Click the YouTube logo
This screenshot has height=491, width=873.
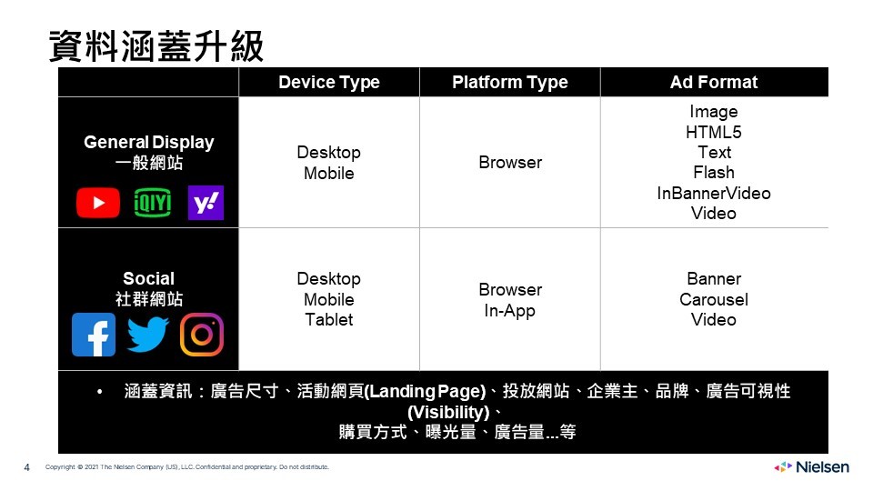pyautogui.click(x=98, y=203)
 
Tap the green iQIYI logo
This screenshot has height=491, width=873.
pyautogui.click(x=153, y=203)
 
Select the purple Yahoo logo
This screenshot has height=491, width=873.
pyautogui.click(x=206, y=203)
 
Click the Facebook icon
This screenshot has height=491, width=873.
pyautogui.click(x=94, y=335)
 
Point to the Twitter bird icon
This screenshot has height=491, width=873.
pyautogui.click(x=147, y=335)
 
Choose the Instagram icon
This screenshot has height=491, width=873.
pyautogui.click(x=202, y=335)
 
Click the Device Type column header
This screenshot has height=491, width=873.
pyautogui.click(x=329, y=83)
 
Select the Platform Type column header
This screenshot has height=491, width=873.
pyautogui.click(x=510, y=83)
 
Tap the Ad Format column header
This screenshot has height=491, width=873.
pyautogui.click(x=714, y=83)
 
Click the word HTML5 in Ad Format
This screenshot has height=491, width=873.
pyautogui.click(x=714, y=133)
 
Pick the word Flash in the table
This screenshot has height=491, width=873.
pyautogui.click(x=714, y=173)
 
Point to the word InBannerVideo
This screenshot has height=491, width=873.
pyautogui.click(x=714, y=193)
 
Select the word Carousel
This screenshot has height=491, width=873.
pyautogui.click(x=714, y=299)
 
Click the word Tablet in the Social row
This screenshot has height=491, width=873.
pyautogui.click(x=329, y=319)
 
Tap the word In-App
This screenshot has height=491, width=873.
pyautogui.click(x=509, y=311)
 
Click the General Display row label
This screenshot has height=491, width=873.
pyautogui.click(x=148, y=143)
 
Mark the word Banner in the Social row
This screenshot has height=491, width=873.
pyautogui.click(x=714, y=279)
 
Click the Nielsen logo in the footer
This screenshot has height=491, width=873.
pyautogui.click(x=812, y=467)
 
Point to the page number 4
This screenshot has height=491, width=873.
pyautogui.click(x=26, y=467)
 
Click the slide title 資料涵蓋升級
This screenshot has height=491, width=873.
pyautogui.click(x=156, y=46)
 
